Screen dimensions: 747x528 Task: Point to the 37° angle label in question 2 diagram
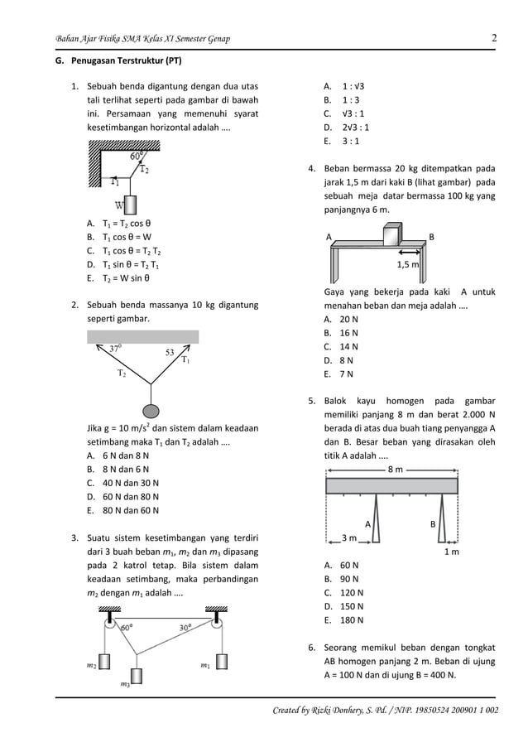[x=116, y=349]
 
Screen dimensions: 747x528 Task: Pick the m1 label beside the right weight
[x=204, y=664]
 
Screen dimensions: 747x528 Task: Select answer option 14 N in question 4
[x=348, y=346]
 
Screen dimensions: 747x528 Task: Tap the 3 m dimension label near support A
[x=349, y=538]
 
